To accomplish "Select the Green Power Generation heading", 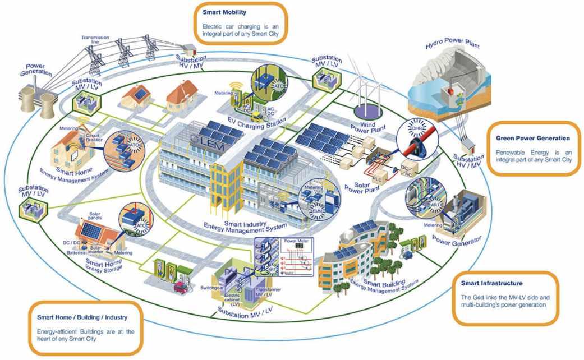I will (x=532, y=138).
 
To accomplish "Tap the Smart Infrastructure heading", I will (x=491, y=284).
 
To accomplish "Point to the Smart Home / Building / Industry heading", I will (x=82, y=318).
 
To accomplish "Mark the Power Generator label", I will (x=459, y=242).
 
